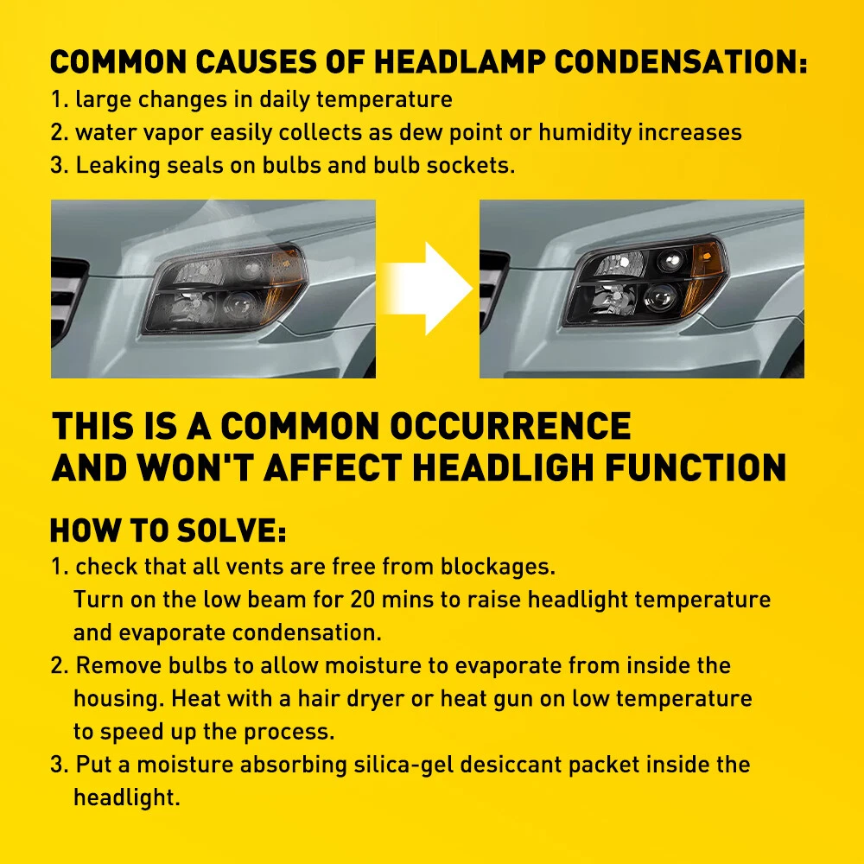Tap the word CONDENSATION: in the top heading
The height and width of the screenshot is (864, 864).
pos(681,61)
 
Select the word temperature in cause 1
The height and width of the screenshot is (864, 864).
pos(384,100)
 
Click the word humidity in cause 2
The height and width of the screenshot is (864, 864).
pos(585,133)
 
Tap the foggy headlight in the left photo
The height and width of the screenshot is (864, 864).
pos(225,289)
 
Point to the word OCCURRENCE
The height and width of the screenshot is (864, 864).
pos(511,426)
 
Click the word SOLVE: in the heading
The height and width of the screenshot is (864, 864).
pos(232,530)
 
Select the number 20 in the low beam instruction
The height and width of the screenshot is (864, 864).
pos(363,600)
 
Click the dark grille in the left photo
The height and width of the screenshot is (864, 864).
pos(67,301)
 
